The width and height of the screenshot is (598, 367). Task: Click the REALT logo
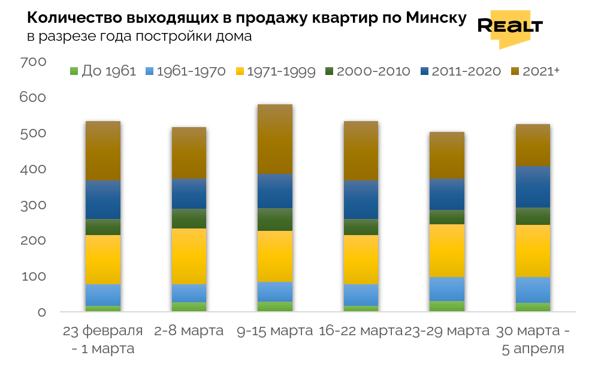click(x=510, y=27)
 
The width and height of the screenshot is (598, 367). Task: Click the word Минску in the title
click(x=436, y=19)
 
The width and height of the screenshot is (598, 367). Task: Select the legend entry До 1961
click(x=104, y=71)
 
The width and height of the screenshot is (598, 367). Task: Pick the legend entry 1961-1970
click(x=186, y=71)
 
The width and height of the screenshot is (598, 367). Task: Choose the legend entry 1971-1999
click(x=275, y=71)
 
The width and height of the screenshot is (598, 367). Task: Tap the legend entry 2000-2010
click(x=367, y=71)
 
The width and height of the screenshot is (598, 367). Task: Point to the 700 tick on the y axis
click(x=33, y=62)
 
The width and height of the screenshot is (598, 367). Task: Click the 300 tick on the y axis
click(x=33, y=205)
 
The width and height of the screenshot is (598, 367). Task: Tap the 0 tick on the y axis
click(x=41, y=312)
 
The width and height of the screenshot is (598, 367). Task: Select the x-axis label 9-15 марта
click(x=275, y=331)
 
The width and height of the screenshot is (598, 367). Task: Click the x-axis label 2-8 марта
click(x=189, y=331)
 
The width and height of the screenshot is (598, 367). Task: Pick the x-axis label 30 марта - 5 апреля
click(x=531, y=339)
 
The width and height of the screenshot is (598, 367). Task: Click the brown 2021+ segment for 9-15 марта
click(x=275, y=139)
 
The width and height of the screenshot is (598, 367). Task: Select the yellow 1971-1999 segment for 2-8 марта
click(x=189, y=256)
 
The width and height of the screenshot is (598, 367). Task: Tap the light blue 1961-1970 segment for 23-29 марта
click(x=446, y=288)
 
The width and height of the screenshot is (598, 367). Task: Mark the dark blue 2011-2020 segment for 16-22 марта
click(x=361, y=200)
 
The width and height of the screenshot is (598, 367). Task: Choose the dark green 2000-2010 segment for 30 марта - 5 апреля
click(x=533, y=216)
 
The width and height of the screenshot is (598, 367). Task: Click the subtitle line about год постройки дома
click(x=139, y=36)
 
